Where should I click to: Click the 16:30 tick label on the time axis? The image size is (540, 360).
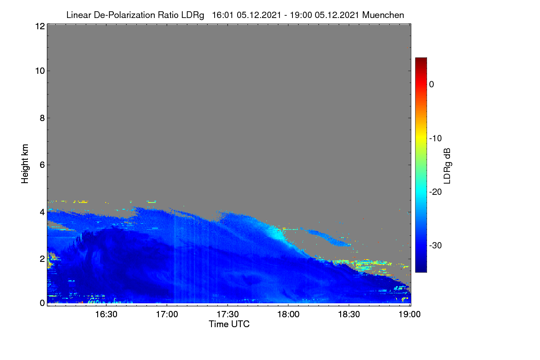106,315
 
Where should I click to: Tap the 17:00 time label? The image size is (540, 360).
167,315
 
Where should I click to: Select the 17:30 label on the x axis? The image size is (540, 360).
228,315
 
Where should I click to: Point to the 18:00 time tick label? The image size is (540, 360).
288,315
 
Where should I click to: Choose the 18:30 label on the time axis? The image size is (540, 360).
349,315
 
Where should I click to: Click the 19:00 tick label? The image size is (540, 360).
409,315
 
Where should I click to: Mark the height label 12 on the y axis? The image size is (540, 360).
40,26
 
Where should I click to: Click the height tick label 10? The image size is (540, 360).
40,71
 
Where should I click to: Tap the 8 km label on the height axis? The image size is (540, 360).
42,118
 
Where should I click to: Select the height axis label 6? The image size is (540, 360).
42,165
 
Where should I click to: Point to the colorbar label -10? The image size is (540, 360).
436,139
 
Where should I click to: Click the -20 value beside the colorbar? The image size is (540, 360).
436,192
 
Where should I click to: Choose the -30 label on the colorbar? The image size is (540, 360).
436,245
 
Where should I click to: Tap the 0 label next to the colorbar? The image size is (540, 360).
432,85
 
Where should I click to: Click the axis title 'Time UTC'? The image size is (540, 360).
229,324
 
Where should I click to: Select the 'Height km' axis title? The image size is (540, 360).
25,164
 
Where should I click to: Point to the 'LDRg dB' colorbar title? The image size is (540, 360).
447,166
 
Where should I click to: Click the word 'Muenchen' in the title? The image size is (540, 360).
383,15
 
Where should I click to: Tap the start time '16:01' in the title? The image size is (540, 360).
222,15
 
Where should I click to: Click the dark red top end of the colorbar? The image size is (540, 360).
421,58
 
